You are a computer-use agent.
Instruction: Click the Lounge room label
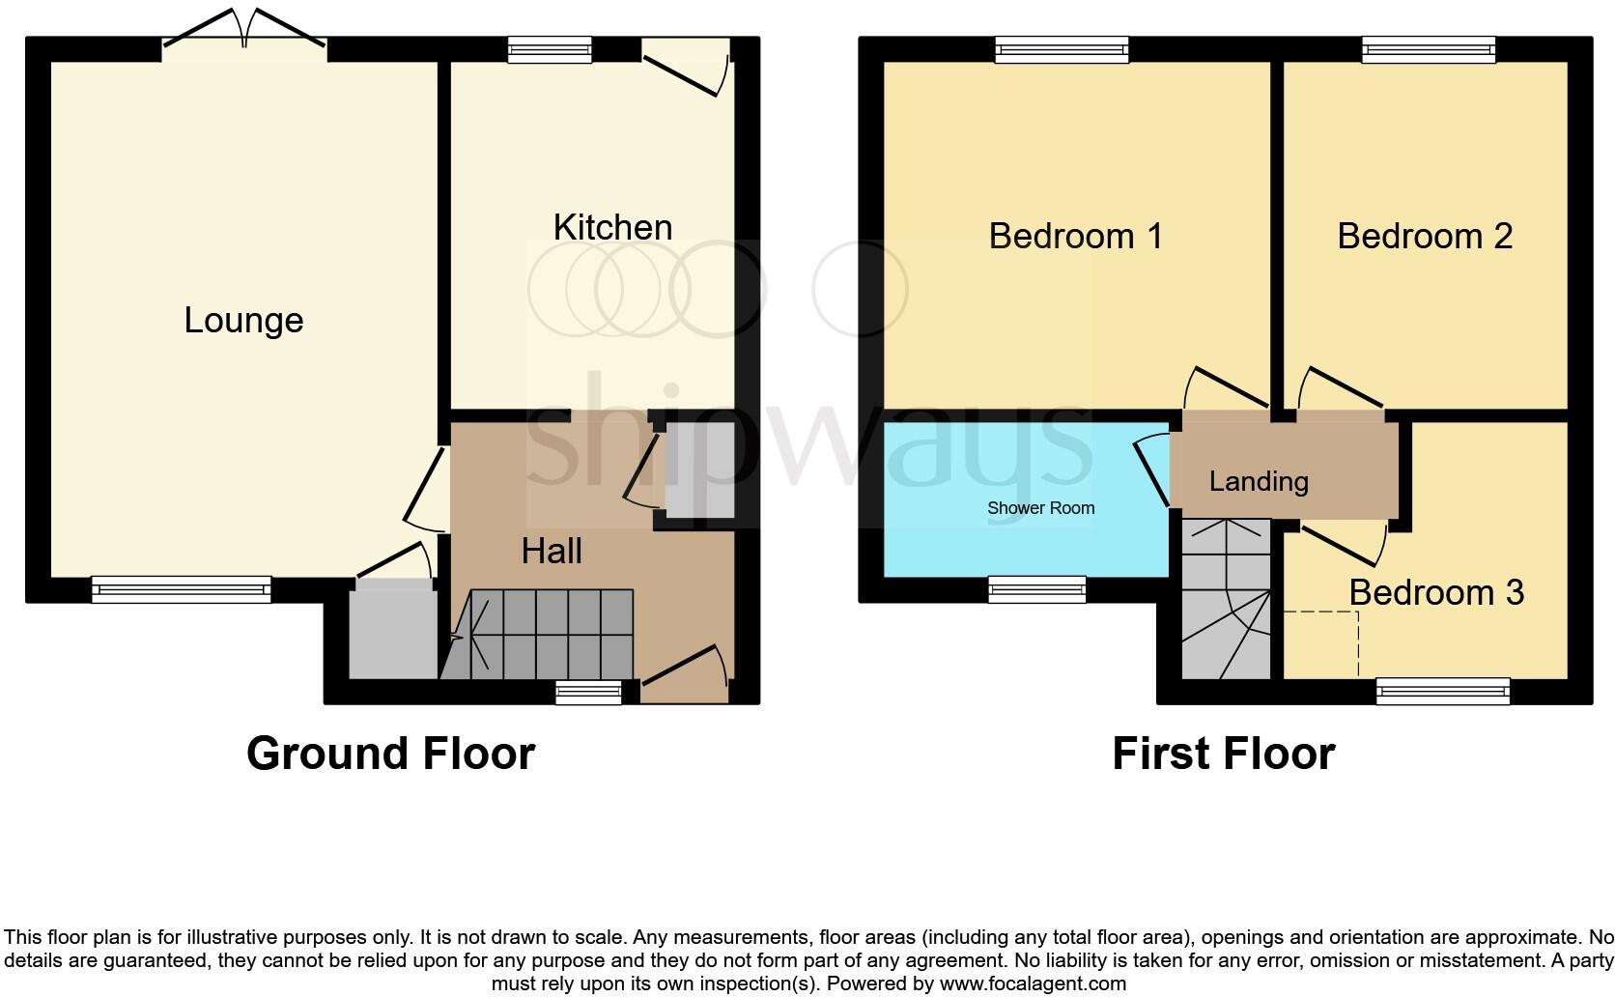[243, 321]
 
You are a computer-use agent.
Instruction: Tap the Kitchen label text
[612, 228]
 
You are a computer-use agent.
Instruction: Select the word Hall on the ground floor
[552, 552]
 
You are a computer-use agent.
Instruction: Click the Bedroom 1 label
[1075, 236]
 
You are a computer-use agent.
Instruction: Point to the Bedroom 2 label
[1425, 236]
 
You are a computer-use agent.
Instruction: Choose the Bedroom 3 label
[1436, 592]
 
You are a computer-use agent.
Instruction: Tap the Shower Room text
[1040, 508]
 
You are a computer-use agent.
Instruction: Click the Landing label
[1259, 481]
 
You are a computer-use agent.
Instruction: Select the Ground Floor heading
[390, 754]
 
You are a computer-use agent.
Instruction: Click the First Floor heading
[1223, 754]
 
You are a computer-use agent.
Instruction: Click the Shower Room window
[1036, 588]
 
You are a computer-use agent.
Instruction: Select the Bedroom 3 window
[1442, 690]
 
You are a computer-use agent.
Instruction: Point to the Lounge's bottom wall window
[181, 588]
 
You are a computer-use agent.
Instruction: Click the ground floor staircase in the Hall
[541, 634]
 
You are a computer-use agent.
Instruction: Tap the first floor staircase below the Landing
[1226, 599]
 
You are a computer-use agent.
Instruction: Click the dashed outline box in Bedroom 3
[1320, 643]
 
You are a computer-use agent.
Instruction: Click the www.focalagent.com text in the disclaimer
[1033, 984]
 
